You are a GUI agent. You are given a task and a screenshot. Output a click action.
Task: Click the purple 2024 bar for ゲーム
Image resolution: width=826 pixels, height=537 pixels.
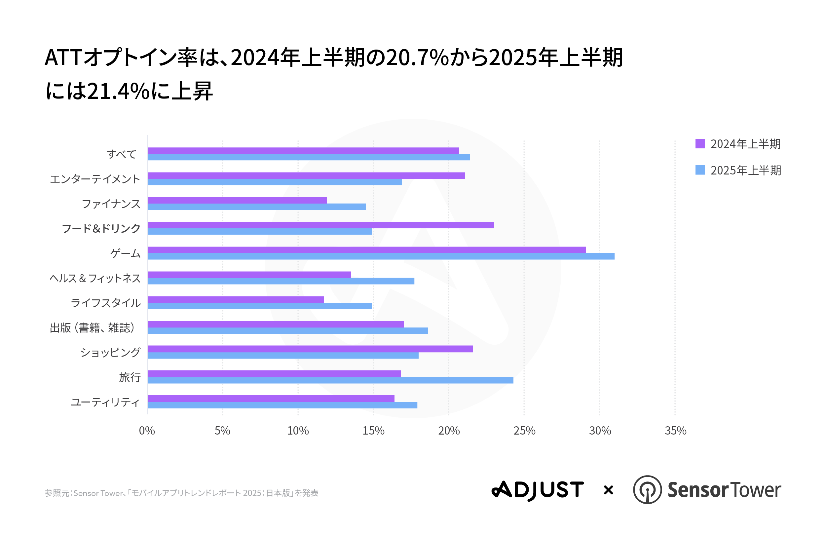click(366, 250)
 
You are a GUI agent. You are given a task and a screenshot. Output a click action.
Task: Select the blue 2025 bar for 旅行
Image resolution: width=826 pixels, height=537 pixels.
click(330, 380)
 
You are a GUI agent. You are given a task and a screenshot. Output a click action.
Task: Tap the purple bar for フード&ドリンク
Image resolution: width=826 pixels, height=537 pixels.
click(321, 225)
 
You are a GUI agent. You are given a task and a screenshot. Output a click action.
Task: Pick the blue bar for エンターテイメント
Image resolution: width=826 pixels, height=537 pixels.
click(275, 182)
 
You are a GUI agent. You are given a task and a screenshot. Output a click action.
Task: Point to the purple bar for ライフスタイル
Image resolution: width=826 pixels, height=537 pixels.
click(236, 299)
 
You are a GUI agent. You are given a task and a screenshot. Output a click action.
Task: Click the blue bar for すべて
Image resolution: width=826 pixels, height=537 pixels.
click(309, 157)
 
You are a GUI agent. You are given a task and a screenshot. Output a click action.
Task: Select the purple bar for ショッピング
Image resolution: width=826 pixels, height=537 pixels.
click(310, 349)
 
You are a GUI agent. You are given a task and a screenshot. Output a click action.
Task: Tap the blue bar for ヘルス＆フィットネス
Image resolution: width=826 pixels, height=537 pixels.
click(281, 281)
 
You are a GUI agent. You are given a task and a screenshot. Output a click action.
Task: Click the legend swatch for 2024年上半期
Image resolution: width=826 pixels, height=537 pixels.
click(700, 144)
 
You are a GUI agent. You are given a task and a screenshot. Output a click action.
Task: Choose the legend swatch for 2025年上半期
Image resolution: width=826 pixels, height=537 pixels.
click(700, 170)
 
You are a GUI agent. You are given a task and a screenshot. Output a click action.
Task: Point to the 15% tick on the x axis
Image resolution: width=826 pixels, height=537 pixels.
click(373, 431)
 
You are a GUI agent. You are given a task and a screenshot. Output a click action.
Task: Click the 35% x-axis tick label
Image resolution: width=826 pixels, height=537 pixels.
click(675, 431)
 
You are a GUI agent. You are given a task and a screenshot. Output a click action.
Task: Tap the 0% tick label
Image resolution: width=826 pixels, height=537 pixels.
click(147, 431)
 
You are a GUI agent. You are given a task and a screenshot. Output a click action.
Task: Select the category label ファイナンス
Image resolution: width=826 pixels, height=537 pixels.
click(111, 204)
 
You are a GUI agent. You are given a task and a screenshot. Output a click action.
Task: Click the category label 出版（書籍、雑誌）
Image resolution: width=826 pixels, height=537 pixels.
click(92, 328)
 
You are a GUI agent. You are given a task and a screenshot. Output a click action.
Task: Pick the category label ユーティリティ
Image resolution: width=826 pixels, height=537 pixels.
click(105, 402)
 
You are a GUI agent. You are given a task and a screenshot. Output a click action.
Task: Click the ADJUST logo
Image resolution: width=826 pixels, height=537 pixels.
click(538, 490)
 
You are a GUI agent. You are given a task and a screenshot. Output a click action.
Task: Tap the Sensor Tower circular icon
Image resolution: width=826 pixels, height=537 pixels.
click(647, 490)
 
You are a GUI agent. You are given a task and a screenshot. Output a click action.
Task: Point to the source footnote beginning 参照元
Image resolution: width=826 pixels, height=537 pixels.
click(181, 493)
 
